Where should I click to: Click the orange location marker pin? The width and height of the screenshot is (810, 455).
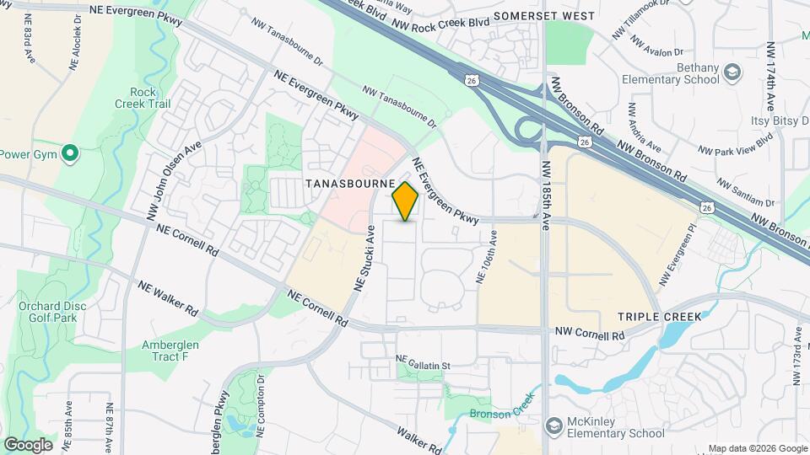pyautogui.click(x=406, y=201)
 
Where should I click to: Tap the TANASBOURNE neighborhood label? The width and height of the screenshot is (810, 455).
pyautogui.click(x=352, y=183)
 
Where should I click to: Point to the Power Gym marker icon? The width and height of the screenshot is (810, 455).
pyautogui.click(x=71, y=154)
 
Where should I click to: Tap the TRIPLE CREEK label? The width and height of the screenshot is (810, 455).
pyautogui.click(x=659, y=316)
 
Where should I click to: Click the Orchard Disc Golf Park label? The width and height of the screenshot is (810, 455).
pyautogui.click(x=47, y=312)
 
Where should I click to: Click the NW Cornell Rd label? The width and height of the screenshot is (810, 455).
pyautogui.click(x=589, y=335)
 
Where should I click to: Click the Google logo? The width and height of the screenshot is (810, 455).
pyautogui.click(x=28, y=445)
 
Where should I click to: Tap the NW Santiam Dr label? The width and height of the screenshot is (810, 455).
pyautogui.click(x=745, y=192)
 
